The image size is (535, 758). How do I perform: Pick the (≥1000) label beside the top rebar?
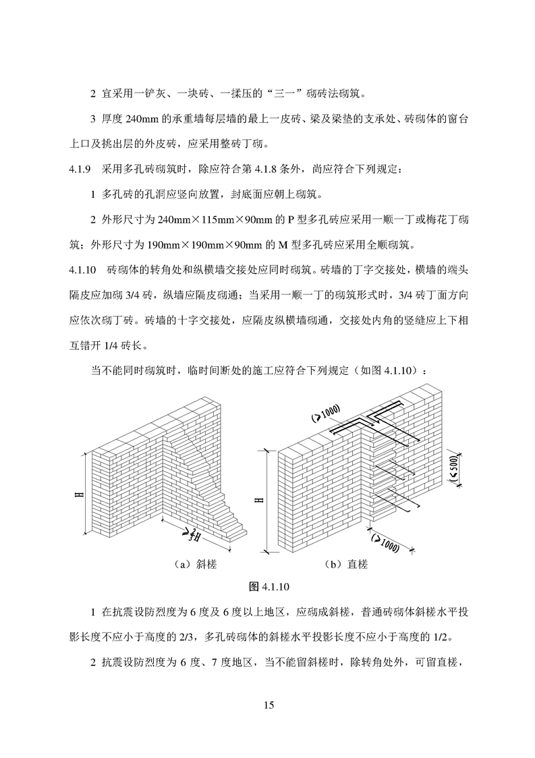click(x=326, y=411)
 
